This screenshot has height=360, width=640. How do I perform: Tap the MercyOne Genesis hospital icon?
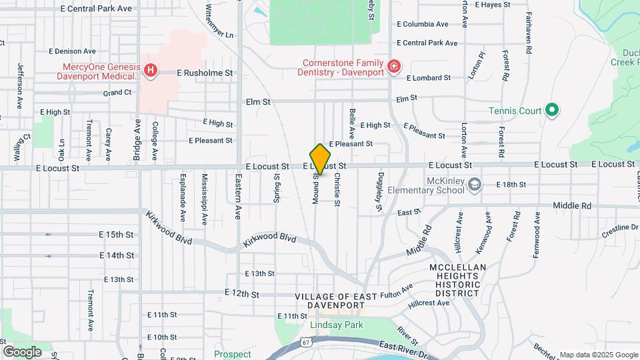(151, 69)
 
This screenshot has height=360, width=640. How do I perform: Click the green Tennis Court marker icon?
(551, 110)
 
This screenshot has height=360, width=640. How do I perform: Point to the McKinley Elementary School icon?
(474, 185)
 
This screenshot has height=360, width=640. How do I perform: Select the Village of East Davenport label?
(331, 301)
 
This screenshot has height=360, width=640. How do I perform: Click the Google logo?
(21, 352)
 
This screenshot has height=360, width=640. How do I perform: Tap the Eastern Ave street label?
(238, 197)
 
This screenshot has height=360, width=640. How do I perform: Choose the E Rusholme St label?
(204, 73)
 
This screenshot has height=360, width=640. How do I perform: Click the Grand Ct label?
(117, 93)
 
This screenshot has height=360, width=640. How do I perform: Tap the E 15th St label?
(116, 235)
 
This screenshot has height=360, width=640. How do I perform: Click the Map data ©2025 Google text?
(598, 355)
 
